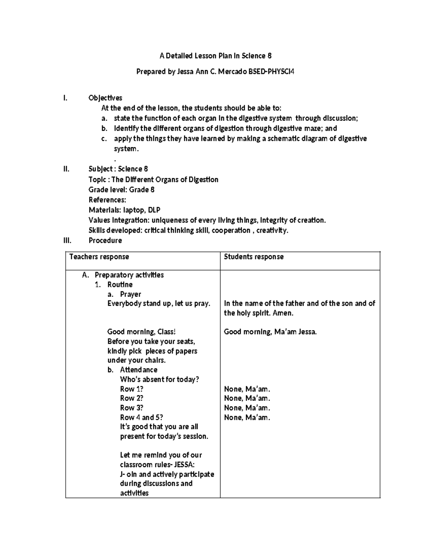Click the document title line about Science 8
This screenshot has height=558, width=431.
(x=215, y=56)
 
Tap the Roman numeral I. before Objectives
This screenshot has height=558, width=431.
(x=65, y=98)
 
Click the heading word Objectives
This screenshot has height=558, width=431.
(x=105, y=98)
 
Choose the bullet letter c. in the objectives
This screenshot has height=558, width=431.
(x=104, y=139)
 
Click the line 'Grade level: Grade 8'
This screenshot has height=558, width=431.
(x=121, y=190)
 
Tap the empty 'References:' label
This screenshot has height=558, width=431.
(x=107, y=200)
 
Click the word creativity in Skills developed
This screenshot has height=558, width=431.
(x=272, y=230)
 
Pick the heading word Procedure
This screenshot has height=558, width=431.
(x=105, y=240)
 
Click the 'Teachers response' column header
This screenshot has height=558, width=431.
(x=99, y=257)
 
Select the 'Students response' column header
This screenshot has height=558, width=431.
(x=254, y=257)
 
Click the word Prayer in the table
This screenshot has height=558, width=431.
(x=130, y=294)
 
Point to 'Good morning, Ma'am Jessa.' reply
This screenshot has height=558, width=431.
(x=270, y=332)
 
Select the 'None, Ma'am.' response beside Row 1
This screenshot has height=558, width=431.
(x=247, y=389)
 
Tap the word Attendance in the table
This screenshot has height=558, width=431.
(x=139, y=370)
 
